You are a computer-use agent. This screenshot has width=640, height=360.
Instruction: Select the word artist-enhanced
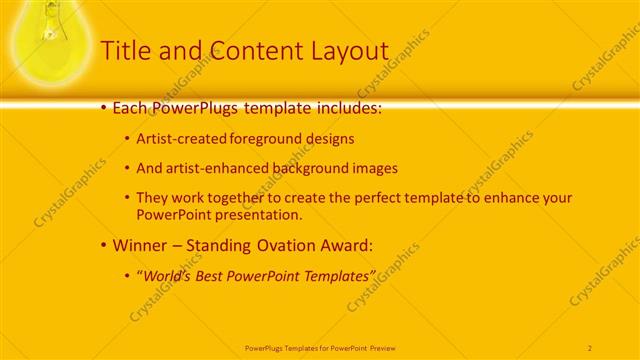[215, 168]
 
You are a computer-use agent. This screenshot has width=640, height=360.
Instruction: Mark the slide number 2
[590, 347]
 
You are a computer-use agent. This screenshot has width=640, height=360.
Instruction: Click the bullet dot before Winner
[104, 245]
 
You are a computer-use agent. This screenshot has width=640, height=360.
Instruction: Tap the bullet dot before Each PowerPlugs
[104, 106]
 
